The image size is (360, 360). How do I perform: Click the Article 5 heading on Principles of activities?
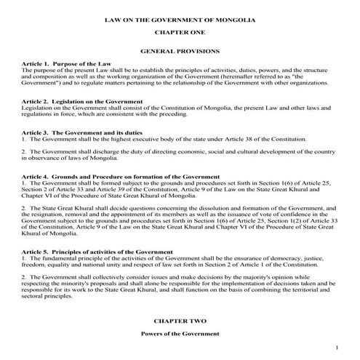[x=90, y=251]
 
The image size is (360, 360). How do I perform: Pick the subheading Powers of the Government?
[x=180, y=333]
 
